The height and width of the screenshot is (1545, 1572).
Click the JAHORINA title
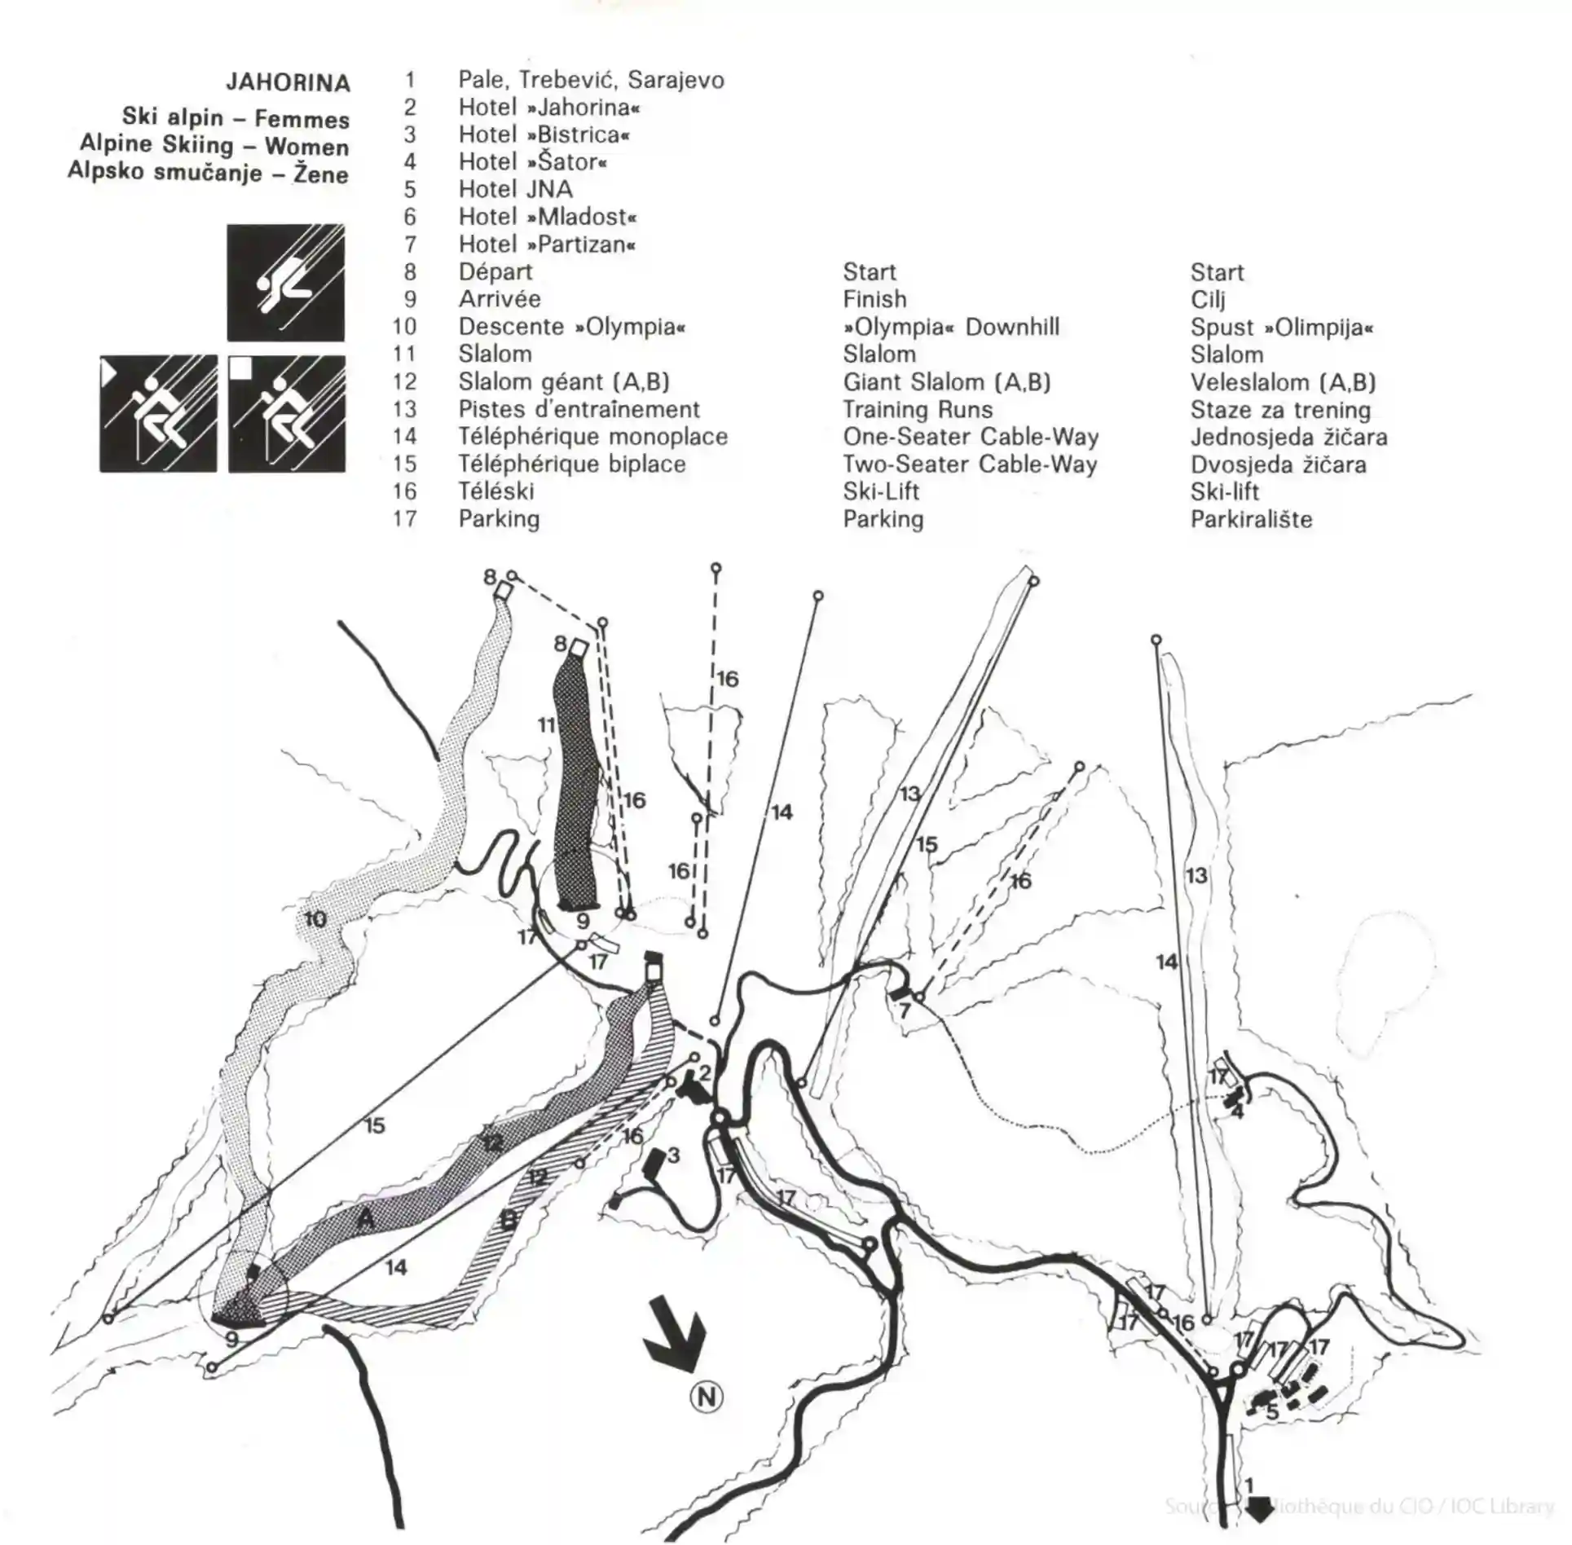(288, 82)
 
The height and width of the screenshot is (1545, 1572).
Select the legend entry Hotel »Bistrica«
(544, 134)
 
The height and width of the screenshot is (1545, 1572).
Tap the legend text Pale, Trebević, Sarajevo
(592, 80)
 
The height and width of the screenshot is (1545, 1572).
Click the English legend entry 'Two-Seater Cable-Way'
(970, 464)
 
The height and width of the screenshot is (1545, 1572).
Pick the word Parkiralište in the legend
(1251, 519)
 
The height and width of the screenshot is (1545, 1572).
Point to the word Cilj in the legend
(1208, 300)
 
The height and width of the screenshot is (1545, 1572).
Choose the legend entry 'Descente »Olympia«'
(572, 327)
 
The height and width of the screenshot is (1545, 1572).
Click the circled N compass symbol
(706, 1398)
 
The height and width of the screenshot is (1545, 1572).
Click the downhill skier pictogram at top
(285, 283)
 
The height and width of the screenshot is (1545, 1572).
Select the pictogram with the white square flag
(287, 413)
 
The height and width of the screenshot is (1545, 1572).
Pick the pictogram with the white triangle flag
(158, 413)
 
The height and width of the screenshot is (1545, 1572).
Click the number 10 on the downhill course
(315, 920)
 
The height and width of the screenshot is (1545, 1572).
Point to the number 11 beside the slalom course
(546, 724)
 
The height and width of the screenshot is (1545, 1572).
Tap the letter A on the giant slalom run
(366, 1218)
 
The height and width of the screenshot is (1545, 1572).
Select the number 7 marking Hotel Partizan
(905, 1011)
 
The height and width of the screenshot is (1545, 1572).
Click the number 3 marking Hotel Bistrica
(673, 1155)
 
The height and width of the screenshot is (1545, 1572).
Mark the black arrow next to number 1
(1260, 1509)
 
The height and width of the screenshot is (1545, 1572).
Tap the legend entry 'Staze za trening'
(1280, 410)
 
